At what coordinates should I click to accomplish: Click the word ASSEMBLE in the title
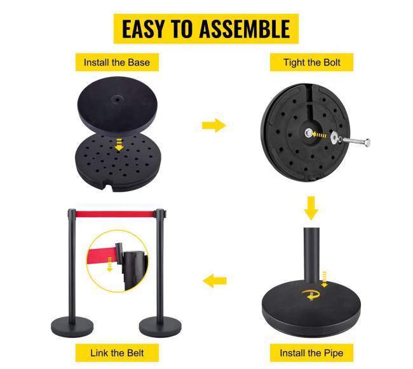point(245,29)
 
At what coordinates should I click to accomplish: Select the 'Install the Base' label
point(117,62)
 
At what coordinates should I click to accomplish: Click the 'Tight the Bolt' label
point(311,62)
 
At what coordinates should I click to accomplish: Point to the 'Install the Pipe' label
point(311,353)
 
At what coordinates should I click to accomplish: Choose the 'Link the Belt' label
point(117,353)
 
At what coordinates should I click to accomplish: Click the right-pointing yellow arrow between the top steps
point(214,125)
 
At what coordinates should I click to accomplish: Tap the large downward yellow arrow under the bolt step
point(311,208)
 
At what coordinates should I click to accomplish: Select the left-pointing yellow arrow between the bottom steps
point(215,281)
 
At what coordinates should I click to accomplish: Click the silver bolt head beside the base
point(367,143)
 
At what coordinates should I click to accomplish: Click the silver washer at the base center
point(309,133)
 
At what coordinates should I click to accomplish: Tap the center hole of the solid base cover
point(117,99)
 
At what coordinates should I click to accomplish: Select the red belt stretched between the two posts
point(115,214)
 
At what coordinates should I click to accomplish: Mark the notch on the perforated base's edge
point(109,187)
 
